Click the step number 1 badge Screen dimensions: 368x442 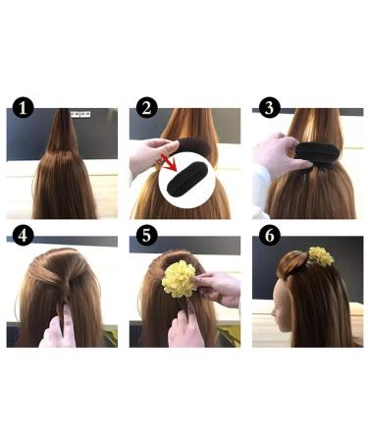(23, 108)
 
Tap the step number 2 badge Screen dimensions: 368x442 (146, 108)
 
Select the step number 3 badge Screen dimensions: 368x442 (269, 108)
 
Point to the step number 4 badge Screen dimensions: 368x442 (23, 235)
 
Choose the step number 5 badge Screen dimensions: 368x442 (146, 235)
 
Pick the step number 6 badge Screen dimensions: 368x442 (269, 235)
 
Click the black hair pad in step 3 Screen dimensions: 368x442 (317, 153)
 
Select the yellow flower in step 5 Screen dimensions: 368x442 (180, 279)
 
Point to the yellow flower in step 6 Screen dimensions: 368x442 (321, 256)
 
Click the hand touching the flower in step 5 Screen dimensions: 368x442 (219, 289)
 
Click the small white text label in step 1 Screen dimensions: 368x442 (80, 114)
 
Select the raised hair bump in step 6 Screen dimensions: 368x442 (292, 263)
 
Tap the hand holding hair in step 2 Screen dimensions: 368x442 (151, 157)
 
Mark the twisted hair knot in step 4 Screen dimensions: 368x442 (66, 282)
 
